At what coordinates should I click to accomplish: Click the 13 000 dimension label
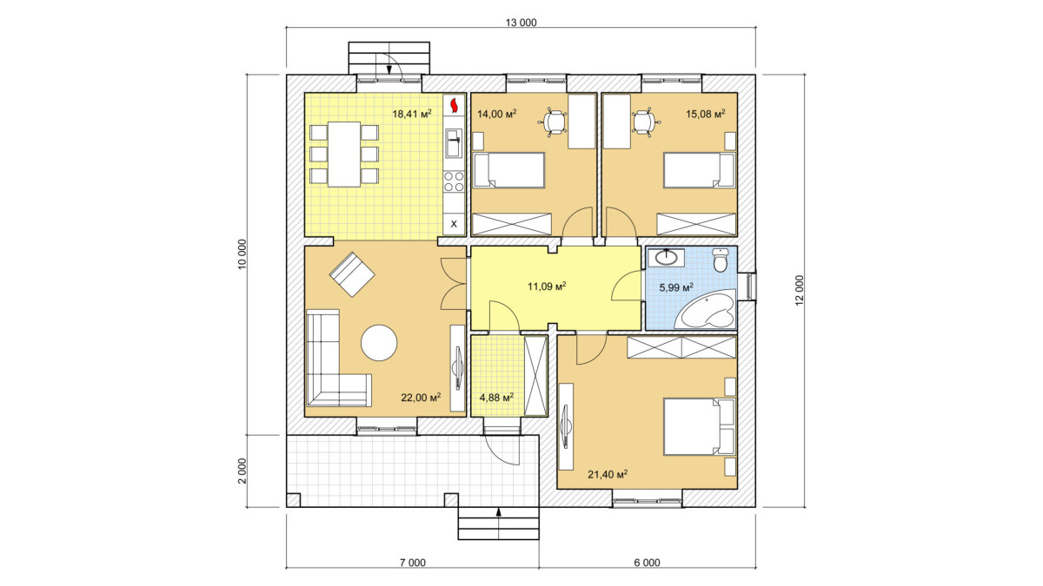point(521,23)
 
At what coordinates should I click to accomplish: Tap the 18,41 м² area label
point(412,114)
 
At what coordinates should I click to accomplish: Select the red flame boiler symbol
point(454,105)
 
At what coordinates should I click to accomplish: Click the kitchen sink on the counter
point(453,142)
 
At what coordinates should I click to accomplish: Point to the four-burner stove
point(454,181)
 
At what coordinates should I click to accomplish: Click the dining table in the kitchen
point(344,154)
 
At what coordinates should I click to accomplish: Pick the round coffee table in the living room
point(379,343)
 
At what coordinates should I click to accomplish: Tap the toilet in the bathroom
point(721,260)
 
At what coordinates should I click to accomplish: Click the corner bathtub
point(707,309)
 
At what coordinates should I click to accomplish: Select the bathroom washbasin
point(667,258)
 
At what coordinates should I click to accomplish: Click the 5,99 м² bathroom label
point(676,287)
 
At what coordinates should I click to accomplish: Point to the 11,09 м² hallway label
point(547,286)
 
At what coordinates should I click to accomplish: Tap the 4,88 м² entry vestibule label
point(497,398)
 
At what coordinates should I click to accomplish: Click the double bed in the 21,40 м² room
point(699,426)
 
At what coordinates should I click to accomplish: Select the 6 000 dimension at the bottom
point(648,563)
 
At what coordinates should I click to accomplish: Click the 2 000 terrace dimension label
point(242,471)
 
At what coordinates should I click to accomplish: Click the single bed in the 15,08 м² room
point(699,170)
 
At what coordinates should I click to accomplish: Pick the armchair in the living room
point(352,274)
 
